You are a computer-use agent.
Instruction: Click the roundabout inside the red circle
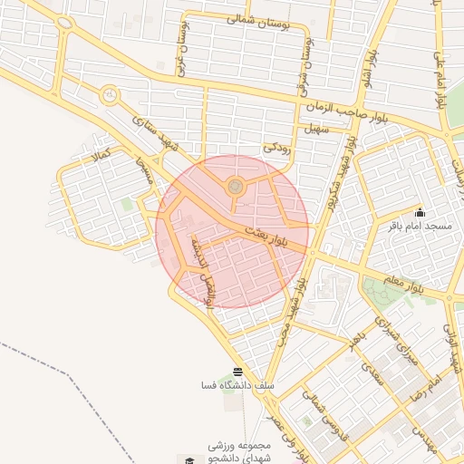tap(236, 187)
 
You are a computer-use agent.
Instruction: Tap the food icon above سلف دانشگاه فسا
tap(237, 372)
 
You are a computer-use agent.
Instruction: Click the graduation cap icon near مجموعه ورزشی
tap(189, 460)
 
